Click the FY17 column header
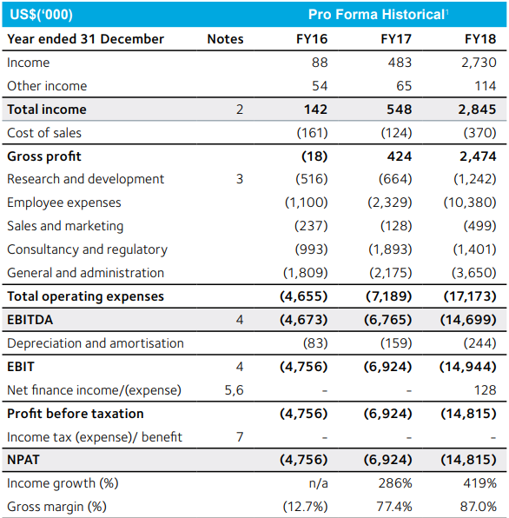point(396,39)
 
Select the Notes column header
point(225,39)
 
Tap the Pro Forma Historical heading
point(378,15)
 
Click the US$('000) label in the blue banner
point(41,15)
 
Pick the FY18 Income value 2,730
point(479,63)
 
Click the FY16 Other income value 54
point(320,86)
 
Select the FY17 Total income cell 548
point(399,110)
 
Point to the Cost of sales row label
point(44,133)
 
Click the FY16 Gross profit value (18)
point(314,156)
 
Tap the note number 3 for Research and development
point(240,179)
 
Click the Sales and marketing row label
point(65,226)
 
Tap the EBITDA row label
point(30,320)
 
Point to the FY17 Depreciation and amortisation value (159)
point(396,343)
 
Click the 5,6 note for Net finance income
point(234,390)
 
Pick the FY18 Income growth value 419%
point(479,483)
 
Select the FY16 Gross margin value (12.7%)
point(306,507)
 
